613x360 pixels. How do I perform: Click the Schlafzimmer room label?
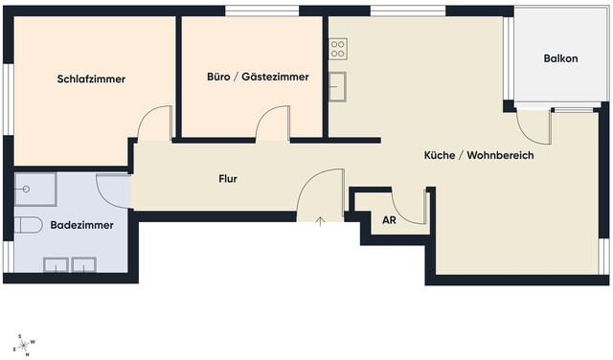coord(92,79)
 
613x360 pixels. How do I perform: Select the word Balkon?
coord(560,58)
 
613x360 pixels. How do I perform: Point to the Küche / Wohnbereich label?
coord(479,155)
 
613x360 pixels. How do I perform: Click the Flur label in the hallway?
coord(227,179)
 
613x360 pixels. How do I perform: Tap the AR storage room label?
coord(389,220)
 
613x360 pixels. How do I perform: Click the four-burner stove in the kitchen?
coord(337,48)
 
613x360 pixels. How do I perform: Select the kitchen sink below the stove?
coord(336,85)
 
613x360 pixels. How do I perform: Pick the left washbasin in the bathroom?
coord(57,262)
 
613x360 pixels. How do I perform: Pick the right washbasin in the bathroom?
coord(85,262)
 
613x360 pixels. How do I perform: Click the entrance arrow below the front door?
coord(321,220)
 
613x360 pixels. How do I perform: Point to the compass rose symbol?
coord(25,344)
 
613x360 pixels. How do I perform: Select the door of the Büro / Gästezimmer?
coord(273,124)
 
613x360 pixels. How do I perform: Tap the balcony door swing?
coord(533,124)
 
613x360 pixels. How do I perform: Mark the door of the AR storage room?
coord(412,207)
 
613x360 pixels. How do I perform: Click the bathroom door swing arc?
coord(114,191)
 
